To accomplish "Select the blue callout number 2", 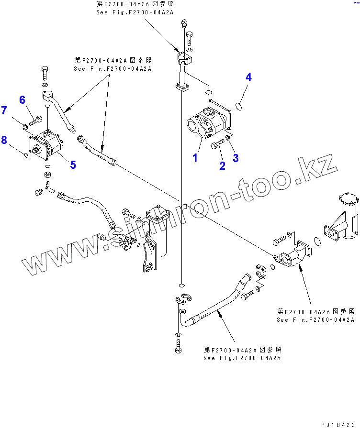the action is (222, 165).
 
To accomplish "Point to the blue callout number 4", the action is (249, 77).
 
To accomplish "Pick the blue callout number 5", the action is (73, 165).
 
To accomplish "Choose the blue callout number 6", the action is (22, 99).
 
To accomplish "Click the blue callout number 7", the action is (4, 110).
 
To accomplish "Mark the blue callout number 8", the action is (4, 140).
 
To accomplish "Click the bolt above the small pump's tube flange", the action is (45, 73).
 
